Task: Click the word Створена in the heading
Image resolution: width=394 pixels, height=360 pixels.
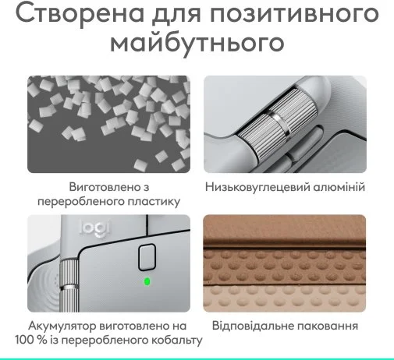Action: point(80,13)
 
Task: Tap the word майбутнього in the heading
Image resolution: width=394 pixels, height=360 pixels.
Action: point(197,44)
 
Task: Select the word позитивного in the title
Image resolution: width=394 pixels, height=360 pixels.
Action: point(294,13)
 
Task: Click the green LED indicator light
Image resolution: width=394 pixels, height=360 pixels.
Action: point(147,281)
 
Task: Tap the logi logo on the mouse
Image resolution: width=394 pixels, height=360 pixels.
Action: point(94,229)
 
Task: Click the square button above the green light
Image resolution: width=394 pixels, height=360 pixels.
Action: point(147,257)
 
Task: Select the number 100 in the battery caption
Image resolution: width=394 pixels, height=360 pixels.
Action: point(23,340)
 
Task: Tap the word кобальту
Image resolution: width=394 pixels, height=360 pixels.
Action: point(177,341)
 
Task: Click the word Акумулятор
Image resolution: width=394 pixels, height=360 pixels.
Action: point(62,326)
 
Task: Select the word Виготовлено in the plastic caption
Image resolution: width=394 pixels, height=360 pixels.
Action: point(102,187)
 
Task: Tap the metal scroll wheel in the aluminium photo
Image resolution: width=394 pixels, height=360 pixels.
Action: point(279,123)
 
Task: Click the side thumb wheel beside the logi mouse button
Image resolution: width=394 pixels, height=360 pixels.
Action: point(69,286)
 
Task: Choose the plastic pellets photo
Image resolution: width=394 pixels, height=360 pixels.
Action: point(108,124)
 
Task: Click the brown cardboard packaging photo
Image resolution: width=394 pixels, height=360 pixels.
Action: point(285,263)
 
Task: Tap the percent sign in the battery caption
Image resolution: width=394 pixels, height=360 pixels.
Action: point(41,341)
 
